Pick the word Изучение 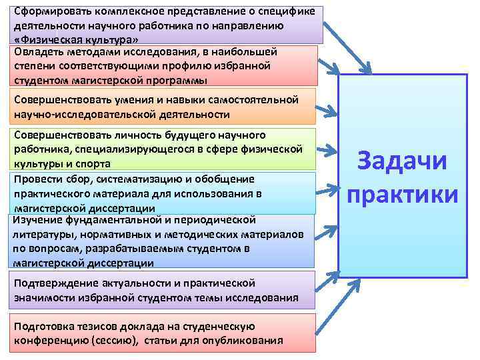[37, 219]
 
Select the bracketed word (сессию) [116, 341]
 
